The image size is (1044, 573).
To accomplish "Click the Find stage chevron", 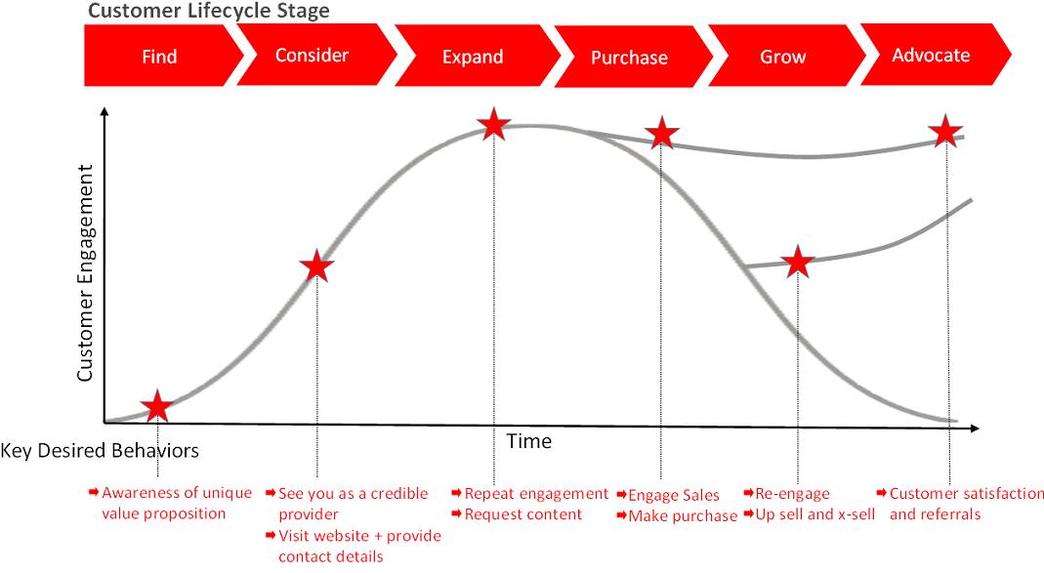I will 160,56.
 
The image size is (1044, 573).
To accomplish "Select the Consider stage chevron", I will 312,55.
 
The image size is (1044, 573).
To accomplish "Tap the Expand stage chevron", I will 473,56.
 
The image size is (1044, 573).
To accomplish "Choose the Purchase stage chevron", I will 629,57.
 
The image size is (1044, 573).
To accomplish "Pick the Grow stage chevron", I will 782,56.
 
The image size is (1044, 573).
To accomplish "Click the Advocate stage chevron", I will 931,55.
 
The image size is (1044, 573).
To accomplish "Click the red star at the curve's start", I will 157,407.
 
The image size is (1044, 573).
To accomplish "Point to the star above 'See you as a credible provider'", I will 316,266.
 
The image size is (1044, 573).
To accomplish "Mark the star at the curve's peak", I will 494,125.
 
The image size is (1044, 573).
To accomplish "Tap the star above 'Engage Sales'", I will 661,133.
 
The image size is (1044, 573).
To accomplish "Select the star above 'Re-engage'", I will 798,262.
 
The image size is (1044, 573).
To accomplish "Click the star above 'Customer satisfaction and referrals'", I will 944,131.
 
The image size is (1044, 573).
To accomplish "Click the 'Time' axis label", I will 528,441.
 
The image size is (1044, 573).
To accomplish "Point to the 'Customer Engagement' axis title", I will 85,273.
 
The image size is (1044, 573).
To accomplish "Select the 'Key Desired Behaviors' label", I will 100,451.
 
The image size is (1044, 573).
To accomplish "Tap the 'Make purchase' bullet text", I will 682,515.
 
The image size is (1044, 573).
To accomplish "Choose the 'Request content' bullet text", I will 522,513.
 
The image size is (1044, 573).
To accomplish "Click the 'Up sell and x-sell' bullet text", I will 814,513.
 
